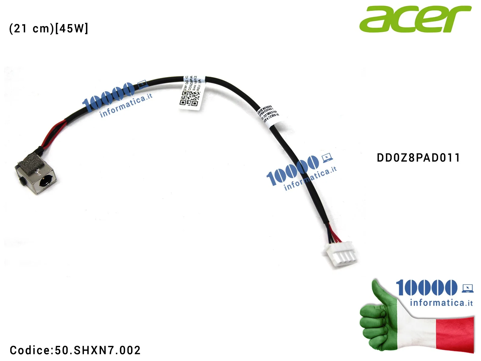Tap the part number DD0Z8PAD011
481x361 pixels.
(418, 158)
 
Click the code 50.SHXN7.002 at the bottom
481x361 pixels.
(98, 350)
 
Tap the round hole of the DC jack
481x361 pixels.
(44, 182)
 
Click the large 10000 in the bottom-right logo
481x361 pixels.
(426, 288)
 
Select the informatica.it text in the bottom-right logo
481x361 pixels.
(441, 303)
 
